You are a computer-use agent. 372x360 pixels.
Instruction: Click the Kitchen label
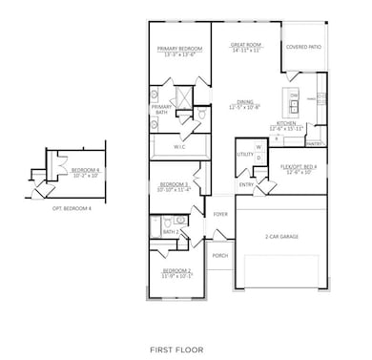coord(288,124)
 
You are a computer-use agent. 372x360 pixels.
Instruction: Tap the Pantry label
coord(313,143)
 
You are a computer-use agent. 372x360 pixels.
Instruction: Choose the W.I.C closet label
coord(179,147)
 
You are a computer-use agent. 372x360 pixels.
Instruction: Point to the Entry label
coord(246,185)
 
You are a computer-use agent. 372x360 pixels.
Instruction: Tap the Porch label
coord(220,255)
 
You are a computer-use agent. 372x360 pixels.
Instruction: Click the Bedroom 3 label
coord(173,184)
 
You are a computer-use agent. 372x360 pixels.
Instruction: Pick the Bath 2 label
coord(171,231)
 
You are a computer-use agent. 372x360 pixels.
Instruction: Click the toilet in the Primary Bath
coord(201,116)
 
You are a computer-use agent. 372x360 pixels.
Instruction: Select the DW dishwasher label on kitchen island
coord(295,95)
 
